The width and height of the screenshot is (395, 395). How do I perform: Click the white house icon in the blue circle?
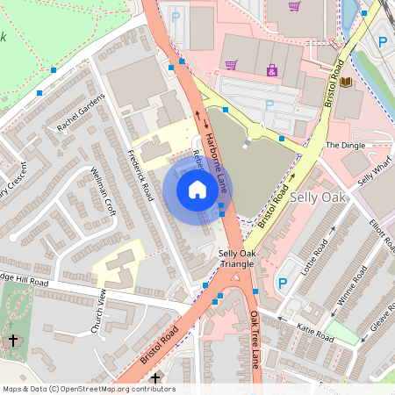197,190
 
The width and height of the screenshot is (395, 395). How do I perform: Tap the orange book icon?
346,83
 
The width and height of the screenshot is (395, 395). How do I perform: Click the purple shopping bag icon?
271,70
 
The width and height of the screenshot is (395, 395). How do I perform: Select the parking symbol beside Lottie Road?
282,284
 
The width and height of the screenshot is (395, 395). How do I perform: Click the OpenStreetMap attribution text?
88,389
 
